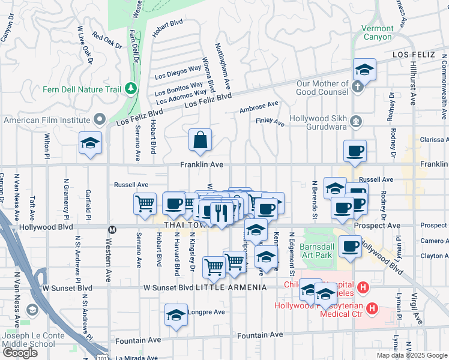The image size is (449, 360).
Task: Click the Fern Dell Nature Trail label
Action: pos(82,90)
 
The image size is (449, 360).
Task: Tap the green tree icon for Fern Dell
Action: pos(131,90)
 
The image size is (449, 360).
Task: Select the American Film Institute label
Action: pos(47,120)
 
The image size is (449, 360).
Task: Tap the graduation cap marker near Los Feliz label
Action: pos(364,70)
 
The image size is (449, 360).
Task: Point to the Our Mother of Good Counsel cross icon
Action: pos(357,87)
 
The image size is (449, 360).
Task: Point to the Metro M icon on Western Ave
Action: pos(111,229)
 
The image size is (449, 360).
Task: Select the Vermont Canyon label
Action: pos(377,32)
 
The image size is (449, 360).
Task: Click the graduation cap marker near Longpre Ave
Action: pos(176,315)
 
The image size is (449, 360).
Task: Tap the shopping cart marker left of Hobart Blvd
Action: pos(145,204)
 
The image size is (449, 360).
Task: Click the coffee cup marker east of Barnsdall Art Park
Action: pos(350,246)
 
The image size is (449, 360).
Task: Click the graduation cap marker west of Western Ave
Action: pos(90,143)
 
